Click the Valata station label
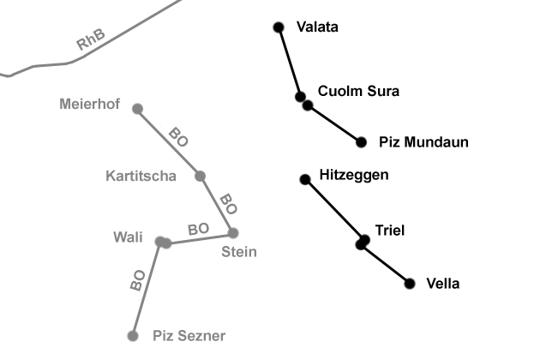tap(316, 27)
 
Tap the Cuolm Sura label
tap(358, 91)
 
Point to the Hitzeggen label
tap(353, 175)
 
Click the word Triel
tap(389, 230)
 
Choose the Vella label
tap(443, 284)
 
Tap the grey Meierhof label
tap(90, 105)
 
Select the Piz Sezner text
tap(189, 336)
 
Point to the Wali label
tap(129, 237)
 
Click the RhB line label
tap(92, 39)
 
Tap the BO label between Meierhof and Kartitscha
tap(178, 136)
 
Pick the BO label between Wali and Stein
tap(199, 229)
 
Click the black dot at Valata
tap(278, 27)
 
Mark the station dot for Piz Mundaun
tap(361, 141)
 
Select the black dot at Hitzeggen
tap(304, 179)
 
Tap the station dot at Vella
tap(410, 284)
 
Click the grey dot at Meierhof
tap(137, 108)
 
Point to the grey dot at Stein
tap(232, 232)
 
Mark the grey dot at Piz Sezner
tap(132, 336)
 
